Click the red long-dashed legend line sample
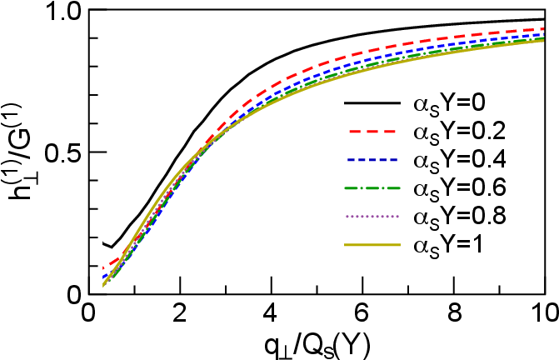372,132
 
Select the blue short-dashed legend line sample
372,160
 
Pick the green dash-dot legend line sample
372,188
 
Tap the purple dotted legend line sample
372,217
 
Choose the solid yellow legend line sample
372,245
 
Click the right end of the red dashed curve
543,29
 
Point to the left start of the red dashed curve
103,267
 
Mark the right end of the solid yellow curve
543,40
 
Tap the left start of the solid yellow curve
103,286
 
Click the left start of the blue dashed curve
103,276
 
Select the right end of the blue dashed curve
543,34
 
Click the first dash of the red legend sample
354,132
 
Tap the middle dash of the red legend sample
372,132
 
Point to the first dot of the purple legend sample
347,217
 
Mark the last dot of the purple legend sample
397,217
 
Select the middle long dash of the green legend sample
372,188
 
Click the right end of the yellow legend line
400,245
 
